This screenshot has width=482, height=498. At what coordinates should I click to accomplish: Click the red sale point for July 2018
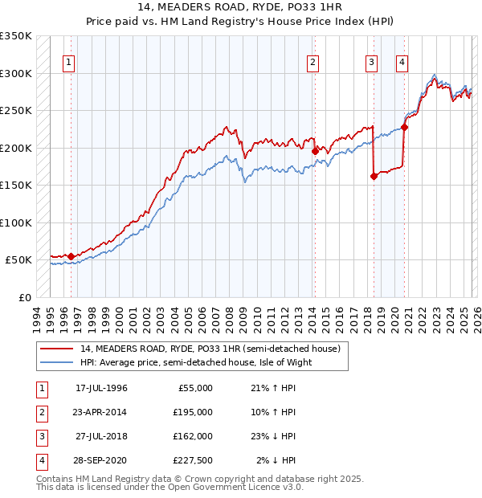pos(374,177)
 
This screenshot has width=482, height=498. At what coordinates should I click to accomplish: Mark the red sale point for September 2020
pos(404,127)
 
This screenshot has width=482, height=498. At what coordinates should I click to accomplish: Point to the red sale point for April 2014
pos(314,151)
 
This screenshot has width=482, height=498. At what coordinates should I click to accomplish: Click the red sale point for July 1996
pos(71,256)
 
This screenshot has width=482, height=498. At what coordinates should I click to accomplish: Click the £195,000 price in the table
pos(193,411)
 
